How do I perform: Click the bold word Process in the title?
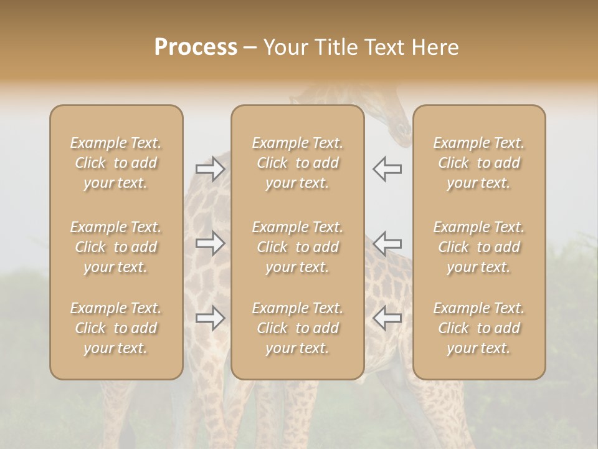click(x=196, y=47)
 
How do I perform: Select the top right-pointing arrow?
click(x=210, y=169)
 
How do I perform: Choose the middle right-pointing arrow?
click(x=210, y=243)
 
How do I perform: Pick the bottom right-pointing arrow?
click(x=210, y=318)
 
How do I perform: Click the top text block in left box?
click(x=116, y=163)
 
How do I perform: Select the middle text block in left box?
click(x=116, y=247)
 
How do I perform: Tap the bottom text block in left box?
click(x=116, y=328)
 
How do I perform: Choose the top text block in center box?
click(x=298, y=163)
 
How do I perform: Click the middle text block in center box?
click(x=298, y=247)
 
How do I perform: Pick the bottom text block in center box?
click(x=298, y=328)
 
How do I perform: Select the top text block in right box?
click(x=479, y=163)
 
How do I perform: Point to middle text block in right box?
click(x=479, y=247)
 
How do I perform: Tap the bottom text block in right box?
click(x=479, y=328)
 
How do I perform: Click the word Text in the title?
click(x=387, y=47)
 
